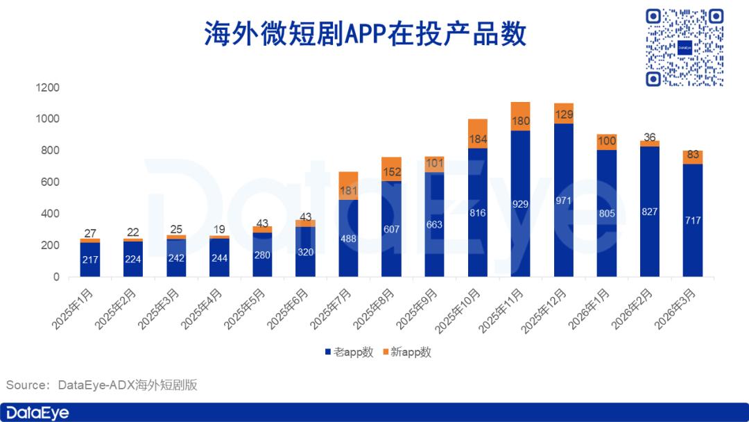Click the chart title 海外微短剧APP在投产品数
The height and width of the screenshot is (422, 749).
pyautogui.click(x=365, y=33)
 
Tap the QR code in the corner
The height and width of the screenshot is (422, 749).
pyautogui.click(x=684, y=47)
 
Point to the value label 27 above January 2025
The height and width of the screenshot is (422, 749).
pyautogui.click(x=89, y=233)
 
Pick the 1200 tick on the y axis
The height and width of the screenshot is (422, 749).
pyautogui.click(x=48, y=87)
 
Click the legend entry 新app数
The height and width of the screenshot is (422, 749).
pyautogui.click(x=407, y=353)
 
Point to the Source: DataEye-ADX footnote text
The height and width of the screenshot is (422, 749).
pyautogui.click(x=102, y=385)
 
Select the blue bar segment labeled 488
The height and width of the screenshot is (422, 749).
pyautogui.click(x=348, y=238)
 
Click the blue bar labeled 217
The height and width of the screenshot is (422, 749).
pyautogui.click(x=89, y=260)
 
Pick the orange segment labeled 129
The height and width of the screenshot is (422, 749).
pyautogui.click(x=563, y=114)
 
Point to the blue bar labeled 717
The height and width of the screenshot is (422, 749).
pyautogui.click(x=692, y=221)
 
